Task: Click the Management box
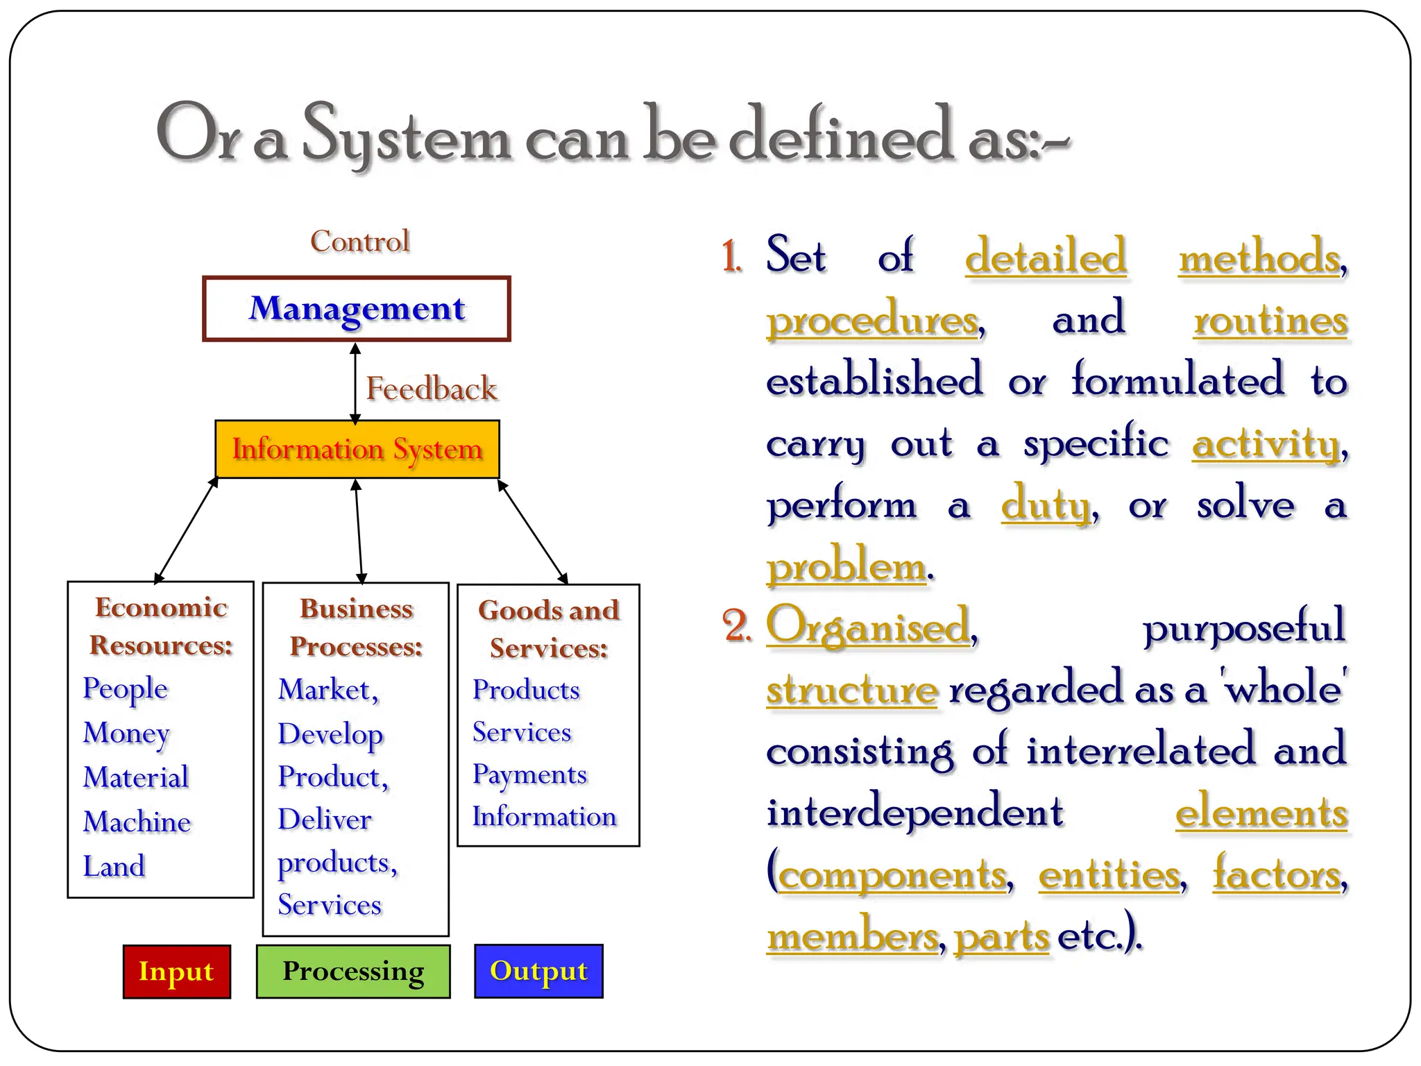coord(357,309)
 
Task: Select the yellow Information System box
coord(357,449)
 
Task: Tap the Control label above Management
coord(359,242)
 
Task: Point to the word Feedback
coord(431,389)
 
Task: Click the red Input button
coord(176,971)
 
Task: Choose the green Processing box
coord(352,971)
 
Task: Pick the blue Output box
coord(538,971)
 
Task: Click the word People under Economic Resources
coord(126,688)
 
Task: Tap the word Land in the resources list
coord(114,866)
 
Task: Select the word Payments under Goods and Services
coord(529,775)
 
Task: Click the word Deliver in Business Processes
coord(325,820)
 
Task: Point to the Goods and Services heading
coord(548,629)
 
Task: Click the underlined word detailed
coord(1046,257)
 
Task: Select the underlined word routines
coord(1270,320)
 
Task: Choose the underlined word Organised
coord(868,627)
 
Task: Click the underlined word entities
coord(1109,874)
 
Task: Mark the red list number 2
coord(736,625)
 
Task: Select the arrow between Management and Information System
coord(355,383)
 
